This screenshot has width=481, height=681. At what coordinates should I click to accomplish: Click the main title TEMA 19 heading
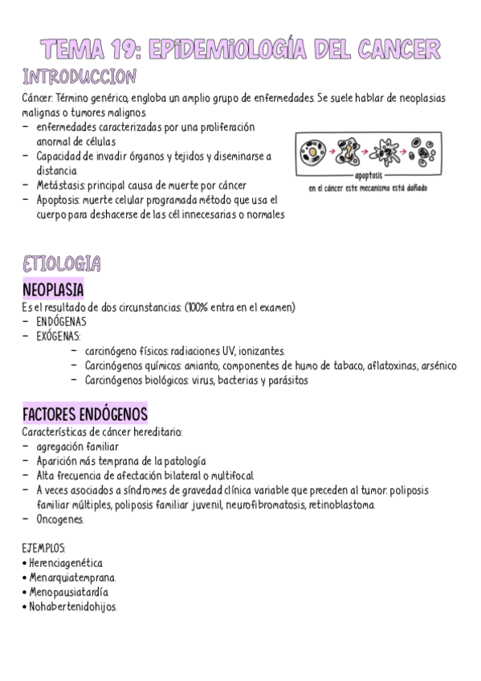point(240,49)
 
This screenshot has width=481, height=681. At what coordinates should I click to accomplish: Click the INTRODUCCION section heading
point(79,78)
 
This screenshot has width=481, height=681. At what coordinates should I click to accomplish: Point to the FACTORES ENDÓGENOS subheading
point(85,414)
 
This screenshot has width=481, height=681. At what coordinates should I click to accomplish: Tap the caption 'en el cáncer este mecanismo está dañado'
point(368,189)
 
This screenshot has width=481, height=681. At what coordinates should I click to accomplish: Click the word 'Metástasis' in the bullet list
point(60,185)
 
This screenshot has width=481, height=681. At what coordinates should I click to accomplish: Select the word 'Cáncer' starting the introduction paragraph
point(38,97)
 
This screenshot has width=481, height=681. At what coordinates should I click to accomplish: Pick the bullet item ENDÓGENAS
point(62,320)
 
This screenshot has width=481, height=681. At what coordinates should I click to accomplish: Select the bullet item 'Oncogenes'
point(59,520)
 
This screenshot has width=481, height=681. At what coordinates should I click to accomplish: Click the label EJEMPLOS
point(45,548)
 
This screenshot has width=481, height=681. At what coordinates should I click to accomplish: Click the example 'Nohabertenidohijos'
point(73,607)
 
